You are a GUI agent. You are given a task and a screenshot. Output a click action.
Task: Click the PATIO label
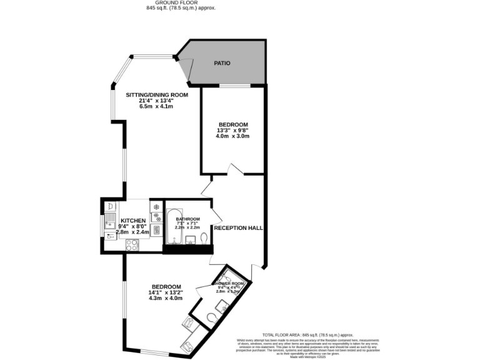pyautogui.click(x=222, y=63)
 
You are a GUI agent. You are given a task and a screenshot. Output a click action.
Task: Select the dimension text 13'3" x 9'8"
pyautogui.click(x=232, y=130)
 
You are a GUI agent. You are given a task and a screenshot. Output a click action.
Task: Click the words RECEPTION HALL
pyautogui.click(x=238, y=228)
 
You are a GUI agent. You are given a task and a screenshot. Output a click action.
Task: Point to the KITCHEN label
pyautogui.click(x=133, y=221)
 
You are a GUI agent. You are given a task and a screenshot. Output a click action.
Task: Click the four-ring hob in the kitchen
pyautogui.click(x=132, y=245)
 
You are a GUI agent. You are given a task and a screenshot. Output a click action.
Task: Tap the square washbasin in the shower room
pyautogui.click(x=221, y=306)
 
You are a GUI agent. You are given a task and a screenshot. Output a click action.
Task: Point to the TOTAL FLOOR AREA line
pyautogui.click(x=312, y=335)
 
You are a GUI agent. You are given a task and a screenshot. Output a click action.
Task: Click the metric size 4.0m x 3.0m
pyautogui.click(x=232, y=136)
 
